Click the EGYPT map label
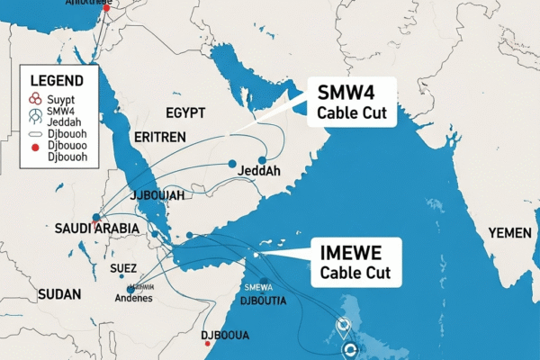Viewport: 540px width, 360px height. pos(185,112)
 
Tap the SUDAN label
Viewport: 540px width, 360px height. pos(59,294)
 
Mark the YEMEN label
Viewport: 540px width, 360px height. pos(509,233)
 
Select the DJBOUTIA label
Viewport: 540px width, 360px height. pos(256,301)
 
